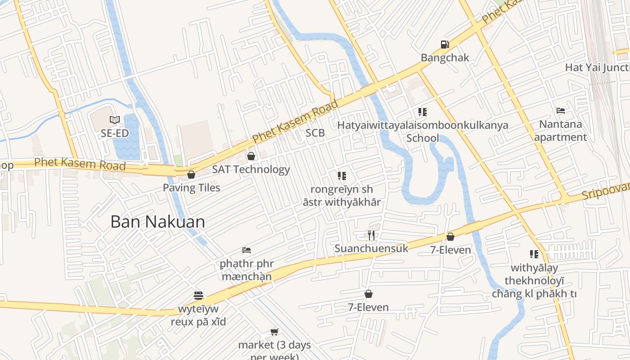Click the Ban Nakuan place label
(x=157, y=222)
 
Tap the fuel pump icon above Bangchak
(x=445, y=45)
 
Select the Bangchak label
(x=445, y=58)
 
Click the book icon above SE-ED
(x=115, y=120)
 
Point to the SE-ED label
(x=115, y=133)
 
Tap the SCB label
(x=315, y=133)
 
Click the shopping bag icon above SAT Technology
(x=251, y=156)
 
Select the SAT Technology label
(x=251, y=170)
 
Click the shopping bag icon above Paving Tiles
(x=191, y=175)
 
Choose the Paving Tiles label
(x=191, y=188)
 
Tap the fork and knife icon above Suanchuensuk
(x=371, y=235)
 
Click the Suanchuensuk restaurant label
(x=371, y=248)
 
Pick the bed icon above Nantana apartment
(x=561, y=111)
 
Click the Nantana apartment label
(x=561, y=130)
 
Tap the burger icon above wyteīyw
(x=198, y=296)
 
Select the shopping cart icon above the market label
(x=274, y=332)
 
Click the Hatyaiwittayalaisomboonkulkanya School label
(x=423, y=131)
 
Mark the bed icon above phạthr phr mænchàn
(x=247, y=250)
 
